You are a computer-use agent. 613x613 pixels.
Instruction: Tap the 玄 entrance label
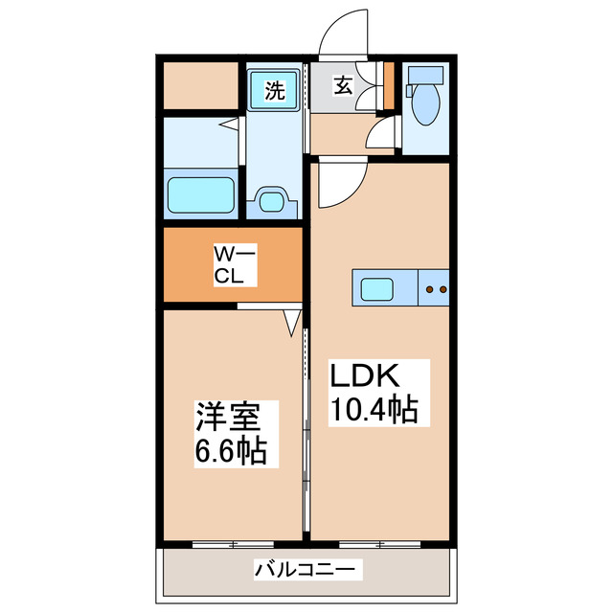(x=343, y=85)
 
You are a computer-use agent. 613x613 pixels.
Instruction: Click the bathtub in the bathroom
(x=201, y=195)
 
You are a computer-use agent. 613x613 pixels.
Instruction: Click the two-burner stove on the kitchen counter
(x=436, y=287)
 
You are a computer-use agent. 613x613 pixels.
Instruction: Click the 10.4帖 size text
(x=374, y=410)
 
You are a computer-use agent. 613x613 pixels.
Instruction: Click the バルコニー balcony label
(x=308, y=571)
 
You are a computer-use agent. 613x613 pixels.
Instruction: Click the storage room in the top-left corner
(x=200, y=85)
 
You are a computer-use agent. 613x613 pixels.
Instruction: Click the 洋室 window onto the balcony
(x=233, y=544)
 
